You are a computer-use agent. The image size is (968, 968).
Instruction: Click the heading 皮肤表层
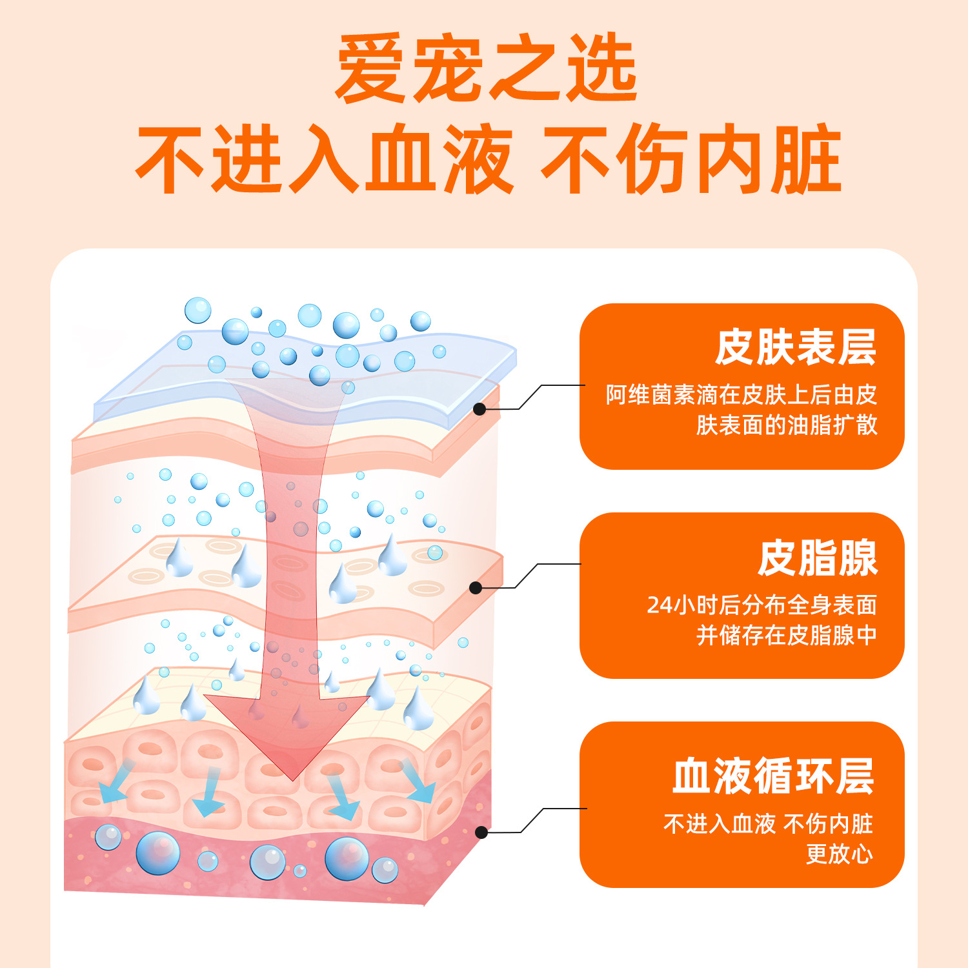(795, 348)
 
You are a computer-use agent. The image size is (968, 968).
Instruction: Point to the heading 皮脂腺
(818, 558)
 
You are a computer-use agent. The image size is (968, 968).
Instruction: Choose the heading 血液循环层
(773, 776)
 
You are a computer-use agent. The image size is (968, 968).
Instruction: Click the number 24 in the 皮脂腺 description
(660, 605)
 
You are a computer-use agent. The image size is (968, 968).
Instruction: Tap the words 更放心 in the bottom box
(839, 854)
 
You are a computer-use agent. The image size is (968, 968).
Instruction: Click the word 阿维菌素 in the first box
(650, 394)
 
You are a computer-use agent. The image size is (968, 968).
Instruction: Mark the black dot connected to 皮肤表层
(479, 409)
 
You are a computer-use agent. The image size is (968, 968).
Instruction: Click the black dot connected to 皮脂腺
(476, 588)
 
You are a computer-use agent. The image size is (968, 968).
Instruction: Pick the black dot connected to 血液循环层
(481, 832)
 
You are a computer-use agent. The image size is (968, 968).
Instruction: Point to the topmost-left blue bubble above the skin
(197, 310)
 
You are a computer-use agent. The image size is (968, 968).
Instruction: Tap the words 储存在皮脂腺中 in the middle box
(798, 636)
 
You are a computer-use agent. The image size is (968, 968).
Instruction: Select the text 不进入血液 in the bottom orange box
(719, 824)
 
